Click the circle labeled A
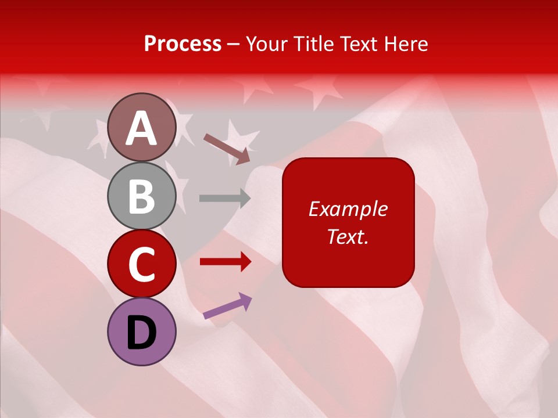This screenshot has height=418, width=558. click(142, 127)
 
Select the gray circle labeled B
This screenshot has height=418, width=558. click(142, 196)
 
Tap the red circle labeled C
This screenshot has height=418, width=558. click(142, 264)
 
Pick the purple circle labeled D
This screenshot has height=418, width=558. click(142, 331)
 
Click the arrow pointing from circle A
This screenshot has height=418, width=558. click(227, 147)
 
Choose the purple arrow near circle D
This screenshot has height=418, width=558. click(227, 307)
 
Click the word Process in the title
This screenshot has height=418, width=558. click(183, 44)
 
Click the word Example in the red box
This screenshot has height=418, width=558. click(348, 209)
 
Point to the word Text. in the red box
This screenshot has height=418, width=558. click(348, 237)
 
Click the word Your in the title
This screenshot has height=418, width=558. click(266, 44)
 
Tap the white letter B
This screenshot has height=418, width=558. click(142, 197)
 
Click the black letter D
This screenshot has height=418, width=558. click(142, 333)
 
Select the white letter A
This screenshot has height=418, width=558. click(142, 128)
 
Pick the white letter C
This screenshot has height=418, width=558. click(142, 265)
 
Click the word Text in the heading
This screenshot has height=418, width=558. click(359, 44)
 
